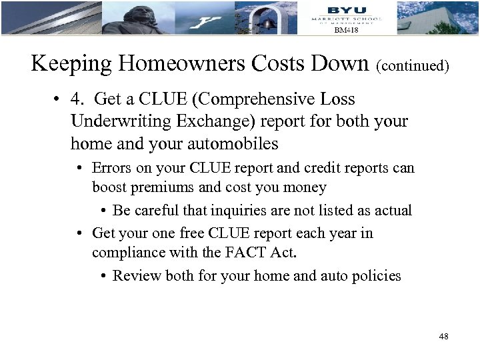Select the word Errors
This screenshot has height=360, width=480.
click(x=111, y=168)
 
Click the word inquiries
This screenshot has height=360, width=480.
click(x=235, y=211)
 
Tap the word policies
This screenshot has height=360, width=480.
click(x=379, y=275)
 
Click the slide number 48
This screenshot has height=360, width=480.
click(x=443, y=337)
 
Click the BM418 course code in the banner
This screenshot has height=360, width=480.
click(x=346, y=30)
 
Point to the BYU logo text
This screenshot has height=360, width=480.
click(x=347, y=9)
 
